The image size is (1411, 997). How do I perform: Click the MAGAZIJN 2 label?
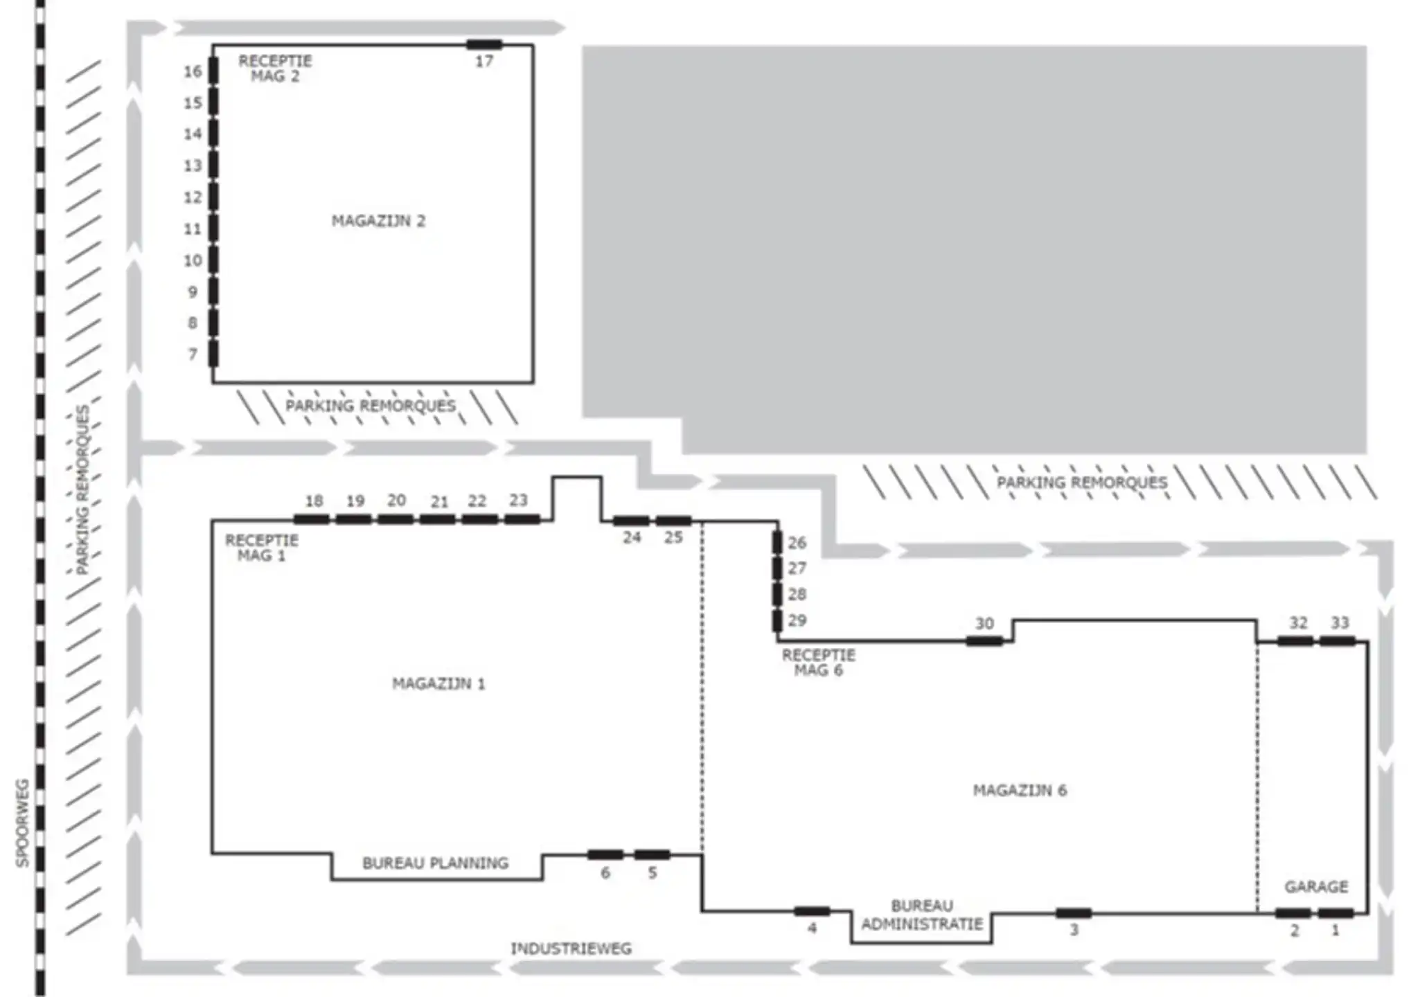(378, 222)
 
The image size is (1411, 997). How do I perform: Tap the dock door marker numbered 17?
(483, 46)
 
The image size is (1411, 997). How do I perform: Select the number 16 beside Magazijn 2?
(193, 71)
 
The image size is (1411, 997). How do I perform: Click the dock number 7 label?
(193, 354)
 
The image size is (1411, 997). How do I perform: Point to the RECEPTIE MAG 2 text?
(275, 69)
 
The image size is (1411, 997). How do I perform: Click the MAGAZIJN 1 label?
(438, 684)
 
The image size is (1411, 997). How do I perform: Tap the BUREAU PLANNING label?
(435, 863)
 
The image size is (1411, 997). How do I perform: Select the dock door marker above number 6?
(605, 855)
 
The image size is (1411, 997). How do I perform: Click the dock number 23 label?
(518, 500)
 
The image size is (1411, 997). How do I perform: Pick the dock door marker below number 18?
(311, 519)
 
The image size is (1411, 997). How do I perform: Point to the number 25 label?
(673, 537)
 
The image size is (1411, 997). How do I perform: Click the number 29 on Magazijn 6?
(797, 620)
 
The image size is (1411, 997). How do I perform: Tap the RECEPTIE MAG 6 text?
(818, 663)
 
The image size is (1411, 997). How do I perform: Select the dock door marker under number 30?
(984, 642)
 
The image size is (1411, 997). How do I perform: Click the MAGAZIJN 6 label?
(1020, 791)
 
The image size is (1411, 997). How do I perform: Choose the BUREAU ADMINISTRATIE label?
(921, 915)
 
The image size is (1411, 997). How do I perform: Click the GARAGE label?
(1316, 887)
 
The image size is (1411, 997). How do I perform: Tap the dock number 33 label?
(1340, 623)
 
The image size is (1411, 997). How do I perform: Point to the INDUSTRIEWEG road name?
(571, 949)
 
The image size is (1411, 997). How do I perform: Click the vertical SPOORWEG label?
(23, 823)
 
